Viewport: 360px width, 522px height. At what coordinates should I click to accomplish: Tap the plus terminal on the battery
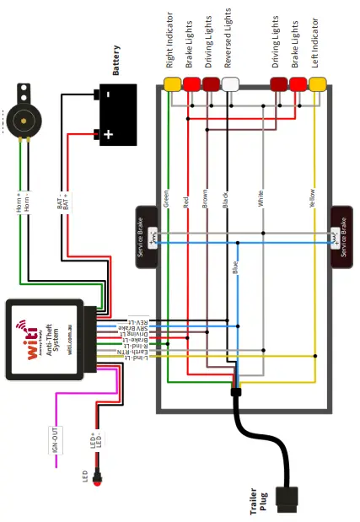108,133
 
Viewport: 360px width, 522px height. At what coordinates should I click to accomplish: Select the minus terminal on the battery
108,94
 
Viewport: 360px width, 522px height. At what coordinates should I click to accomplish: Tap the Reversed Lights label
229,40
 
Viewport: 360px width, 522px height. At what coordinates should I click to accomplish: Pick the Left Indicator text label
317,44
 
